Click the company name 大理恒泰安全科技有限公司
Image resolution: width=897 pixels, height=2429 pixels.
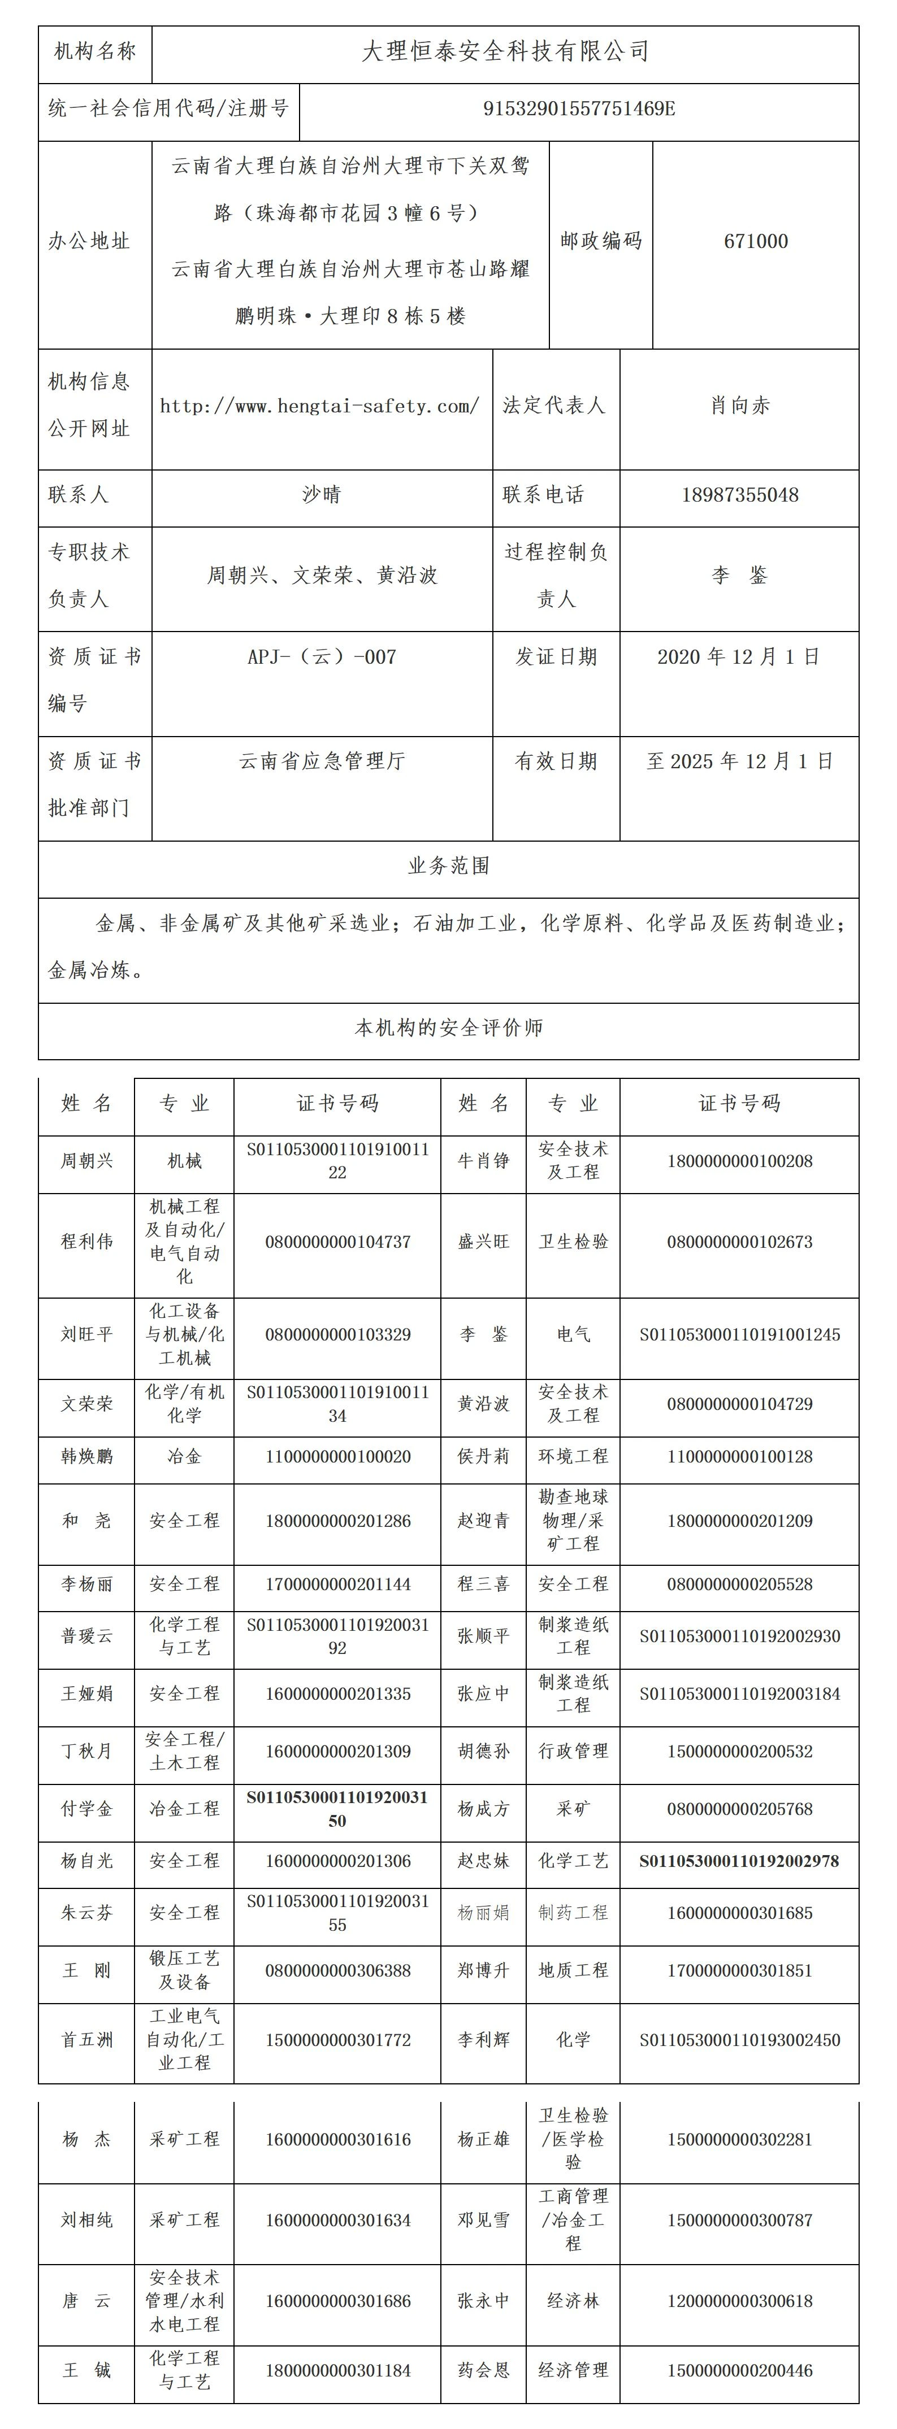pyautogui.click(x=505, y=52)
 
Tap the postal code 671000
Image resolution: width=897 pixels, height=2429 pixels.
pyautogui.click(x=756, y=241)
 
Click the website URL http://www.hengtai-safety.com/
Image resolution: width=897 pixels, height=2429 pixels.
pyautogui.click(x=320, y=406)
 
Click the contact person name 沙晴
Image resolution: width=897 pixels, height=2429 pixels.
pyautogui.click(x=322, y=495)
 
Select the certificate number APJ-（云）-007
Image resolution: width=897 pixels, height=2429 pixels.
pyautogui.click(x=322, y=657)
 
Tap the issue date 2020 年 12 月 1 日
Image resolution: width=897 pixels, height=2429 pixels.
pyautogui.click(x=739, y=657)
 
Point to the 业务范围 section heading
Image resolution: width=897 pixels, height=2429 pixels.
pyautogui.click(x=448, y=865)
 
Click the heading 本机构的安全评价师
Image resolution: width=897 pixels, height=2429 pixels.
pyautogui.click(x=448, y=1028)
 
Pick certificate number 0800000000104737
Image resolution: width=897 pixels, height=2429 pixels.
pyautogui.click(x=337, y=1242)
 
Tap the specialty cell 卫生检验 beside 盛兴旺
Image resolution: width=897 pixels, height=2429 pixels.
pyautogui.click(x=574, y=1242)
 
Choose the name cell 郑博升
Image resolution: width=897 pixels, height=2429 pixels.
pyautogui.click(x=483, y=1971)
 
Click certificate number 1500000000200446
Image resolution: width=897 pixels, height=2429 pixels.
pyautogui.click(x=739, y=2371)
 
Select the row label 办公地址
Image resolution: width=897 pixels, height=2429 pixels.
pyautogui.click(x=90, y=241)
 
